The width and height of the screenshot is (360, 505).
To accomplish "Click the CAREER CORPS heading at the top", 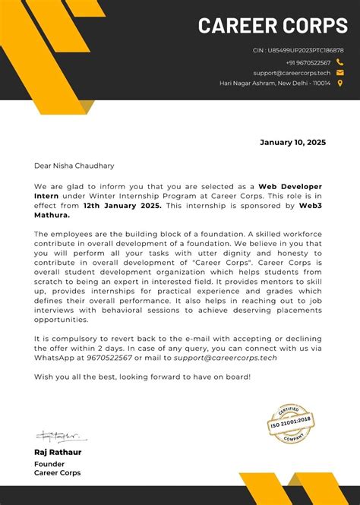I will [x=273, y=26].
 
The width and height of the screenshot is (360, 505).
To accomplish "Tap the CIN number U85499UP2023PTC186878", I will [x=298, y=50].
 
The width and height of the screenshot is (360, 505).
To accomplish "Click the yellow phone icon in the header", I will [x=339, y=62].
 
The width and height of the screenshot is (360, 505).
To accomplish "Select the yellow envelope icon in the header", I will [x=339, y=73].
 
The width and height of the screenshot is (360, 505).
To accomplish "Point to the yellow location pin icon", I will [x=339, y=84].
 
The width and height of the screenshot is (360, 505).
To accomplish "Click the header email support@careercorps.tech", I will [x=293, y=73].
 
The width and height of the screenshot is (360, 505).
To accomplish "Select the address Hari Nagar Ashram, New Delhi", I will [x=275, y=84].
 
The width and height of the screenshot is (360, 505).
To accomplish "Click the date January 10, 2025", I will [x=292, y=142].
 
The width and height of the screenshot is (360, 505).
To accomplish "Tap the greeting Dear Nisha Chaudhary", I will [x=74, y=165].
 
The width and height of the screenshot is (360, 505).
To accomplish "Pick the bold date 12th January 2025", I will [x=122, y=205].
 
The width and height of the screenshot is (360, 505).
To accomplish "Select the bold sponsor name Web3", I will [x=311, y=205].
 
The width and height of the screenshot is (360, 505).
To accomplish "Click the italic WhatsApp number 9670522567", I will [x=109, y=357].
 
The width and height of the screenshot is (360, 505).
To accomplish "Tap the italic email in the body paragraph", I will [x=226, y=357].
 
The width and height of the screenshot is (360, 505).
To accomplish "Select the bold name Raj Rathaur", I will [x=57, y=453].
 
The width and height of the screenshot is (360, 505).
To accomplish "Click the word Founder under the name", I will [x=49, y=463].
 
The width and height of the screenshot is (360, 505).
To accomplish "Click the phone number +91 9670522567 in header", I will [x=308, y=62].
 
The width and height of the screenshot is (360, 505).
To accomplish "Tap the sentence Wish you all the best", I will [x=142, y=377].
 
